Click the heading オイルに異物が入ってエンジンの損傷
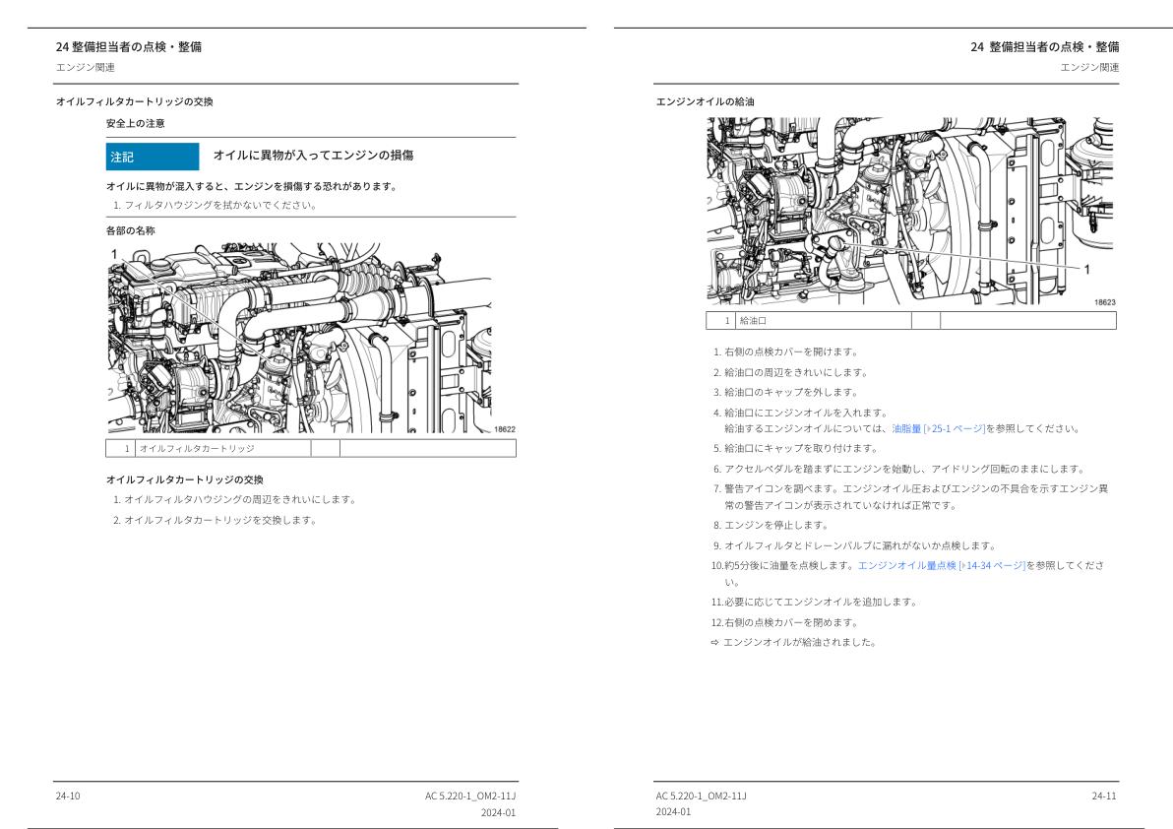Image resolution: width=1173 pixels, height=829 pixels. pyautogui.click(x=313, y=156)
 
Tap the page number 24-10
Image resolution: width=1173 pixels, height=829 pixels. pyautogui.click(x=68, y=796)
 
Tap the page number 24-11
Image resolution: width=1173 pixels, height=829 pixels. pyautogui.click(x=1104, y=796)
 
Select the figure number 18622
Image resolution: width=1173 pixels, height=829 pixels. pyautogui.click(x=504, y=429)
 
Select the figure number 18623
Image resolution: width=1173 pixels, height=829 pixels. pyautogui.click(x=1104, y=303)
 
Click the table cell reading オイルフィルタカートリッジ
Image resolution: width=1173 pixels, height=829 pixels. pyautogui.click(x=197, y=448)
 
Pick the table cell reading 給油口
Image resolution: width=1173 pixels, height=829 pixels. pyautogui.click(x=753, y=320)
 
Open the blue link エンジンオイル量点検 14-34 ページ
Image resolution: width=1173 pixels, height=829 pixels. pyautogui.click(x=941, y=565)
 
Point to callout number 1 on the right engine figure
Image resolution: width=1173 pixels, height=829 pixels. pyautogui.click(x=1086, y=268)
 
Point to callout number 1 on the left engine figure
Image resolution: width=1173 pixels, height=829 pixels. pyautogui.click(x=113, y=254)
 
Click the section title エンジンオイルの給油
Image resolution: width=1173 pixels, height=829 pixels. pyautogui.click(x=705, y=101)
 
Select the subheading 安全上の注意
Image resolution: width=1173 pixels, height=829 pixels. pyautogui.click(x=136, y=123)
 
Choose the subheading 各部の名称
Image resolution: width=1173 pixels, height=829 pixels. pyautogui.click(x=130, y=230)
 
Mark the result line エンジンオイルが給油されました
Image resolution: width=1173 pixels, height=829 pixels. pyautogui.click(x=798, y=642)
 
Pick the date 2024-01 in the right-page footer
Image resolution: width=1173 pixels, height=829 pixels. pyautogui.click(x=674, y=812)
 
